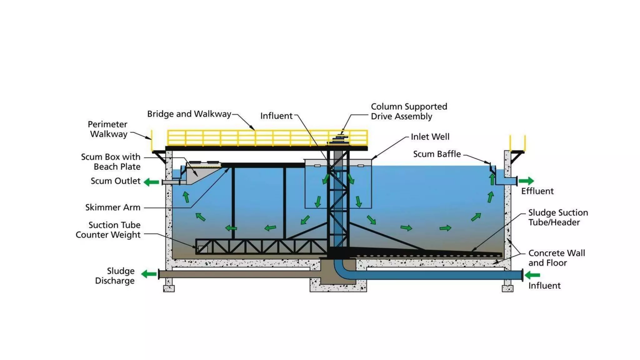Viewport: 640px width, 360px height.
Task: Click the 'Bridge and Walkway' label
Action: point(189,114)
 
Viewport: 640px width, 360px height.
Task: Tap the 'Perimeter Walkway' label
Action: point(108,129)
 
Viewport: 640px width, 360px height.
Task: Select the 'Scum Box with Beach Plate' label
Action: point(111,162)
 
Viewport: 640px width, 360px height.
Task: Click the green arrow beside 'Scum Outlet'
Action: point(152,182)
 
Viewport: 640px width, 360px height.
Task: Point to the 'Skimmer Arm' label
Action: point(113,207)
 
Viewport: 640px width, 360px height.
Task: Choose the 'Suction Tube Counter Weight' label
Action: point(108,230)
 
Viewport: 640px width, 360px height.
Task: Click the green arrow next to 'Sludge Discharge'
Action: point(149,274)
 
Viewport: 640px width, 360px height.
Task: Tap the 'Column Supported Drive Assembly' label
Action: point(409,111)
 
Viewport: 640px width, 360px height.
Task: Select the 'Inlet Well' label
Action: point(430,137)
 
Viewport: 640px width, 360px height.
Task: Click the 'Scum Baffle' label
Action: point(437,154)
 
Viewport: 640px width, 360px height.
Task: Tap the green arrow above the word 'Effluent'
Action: point(526,181)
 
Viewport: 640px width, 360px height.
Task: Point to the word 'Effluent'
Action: point(537,191)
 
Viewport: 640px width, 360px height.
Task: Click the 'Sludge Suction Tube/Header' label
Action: point(558,217)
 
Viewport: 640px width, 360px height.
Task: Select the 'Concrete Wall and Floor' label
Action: point(557,258)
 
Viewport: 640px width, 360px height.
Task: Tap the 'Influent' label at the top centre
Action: point(276,116)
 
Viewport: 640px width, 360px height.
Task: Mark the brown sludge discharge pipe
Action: point(234,274)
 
